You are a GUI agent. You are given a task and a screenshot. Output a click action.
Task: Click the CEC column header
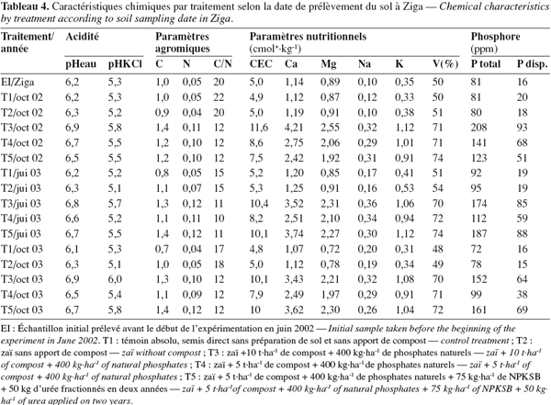[x=261, y=64]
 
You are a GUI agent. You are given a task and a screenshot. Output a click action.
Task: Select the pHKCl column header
[x=125, y=64]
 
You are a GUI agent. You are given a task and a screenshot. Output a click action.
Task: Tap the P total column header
[x=486, y=64]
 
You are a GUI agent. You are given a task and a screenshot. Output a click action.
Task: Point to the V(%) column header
[x=445, y=64]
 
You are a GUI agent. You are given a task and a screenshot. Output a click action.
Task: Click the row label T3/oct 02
[x=22, y=128]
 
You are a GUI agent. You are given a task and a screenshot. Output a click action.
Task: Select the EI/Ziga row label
[x=17, y=82]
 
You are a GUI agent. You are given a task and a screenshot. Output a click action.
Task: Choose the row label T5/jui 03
[x=21, y=234]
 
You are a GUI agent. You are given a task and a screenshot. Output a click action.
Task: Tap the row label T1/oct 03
[x=22, y=249]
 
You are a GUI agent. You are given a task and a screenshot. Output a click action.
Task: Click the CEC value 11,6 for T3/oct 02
[x=259, y=128]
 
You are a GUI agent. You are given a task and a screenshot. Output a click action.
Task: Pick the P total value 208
[x=479, y=128]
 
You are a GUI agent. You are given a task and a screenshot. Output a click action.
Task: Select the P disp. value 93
[x=523, y=128]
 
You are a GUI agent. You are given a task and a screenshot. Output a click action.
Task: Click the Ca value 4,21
[x=294, y=128]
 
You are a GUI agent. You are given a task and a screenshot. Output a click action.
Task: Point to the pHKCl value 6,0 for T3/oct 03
[x=115, y=279]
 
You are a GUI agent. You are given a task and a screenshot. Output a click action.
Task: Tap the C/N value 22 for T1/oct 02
[x=219, y=97]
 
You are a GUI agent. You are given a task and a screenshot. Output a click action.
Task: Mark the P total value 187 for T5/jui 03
[x=479, y=234]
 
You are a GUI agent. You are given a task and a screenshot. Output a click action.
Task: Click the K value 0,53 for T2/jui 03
[x=404, y=188]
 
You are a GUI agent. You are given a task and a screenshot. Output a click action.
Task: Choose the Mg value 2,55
[x=330, y=128]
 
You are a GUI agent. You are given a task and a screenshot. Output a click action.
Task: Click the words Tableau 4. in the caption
[x=25, y=6]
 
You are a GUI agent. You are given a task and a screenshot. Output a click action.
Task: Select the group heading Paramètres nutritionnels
[x=309, y=37]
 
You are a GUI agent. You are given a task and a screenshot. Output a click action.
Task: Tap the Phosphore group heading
[x=496, y=37]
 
